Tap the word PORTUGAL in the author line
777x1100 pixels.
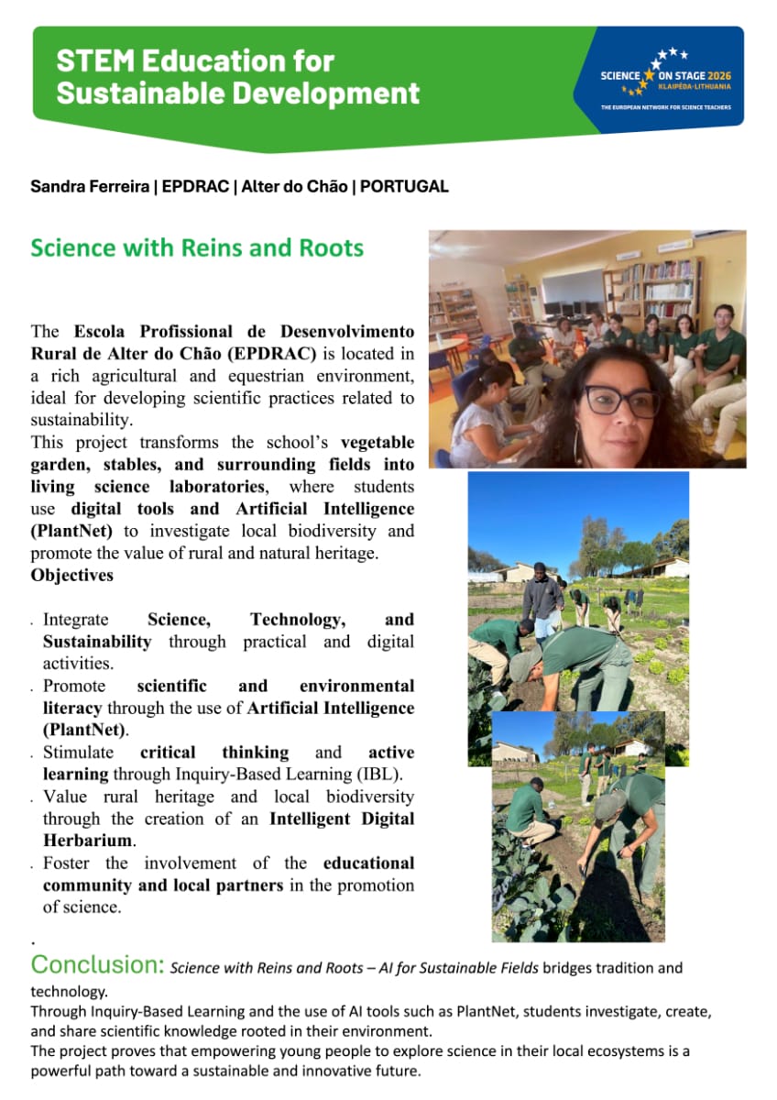pyautogui.click(x=404, y=187)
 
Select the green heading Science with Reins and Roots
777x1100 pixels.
pyautogui.click(x=197, y=248)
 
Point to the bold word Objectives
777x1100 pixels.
pyautogui.click(x=72, y=576)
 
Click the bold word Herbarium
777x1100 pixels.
pyautogui.click(x=89, y=841)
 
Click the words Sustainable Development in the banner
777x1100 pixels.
pyautogui.click(x=238, y=93)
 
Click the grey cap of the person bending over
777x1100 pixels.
pyautogui.click(x=526, y=663)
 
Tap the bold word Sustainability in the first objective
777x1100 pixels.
pyautogui.click(x=97, y=642)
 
